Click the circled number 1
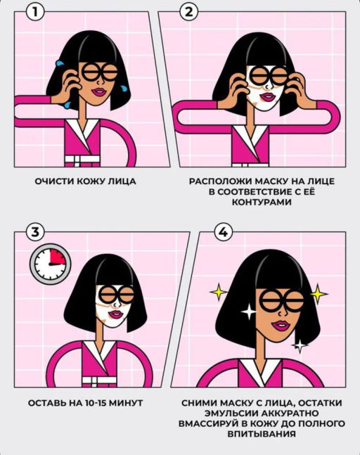(x=35, y=12)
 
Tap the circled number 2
(x=188, y=12)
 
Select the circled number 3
(x=35, y=232)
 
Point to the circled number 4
(x=223, y=232)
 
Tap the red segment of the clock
(x=58, y=257)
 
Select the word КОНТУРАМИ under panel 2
(x=262, y=202)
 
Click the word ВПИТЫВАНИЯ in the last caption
(x=262, y=434)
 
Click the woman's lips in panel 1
(x=99, y=92)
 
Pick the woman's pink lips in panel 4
(x=281, y=326)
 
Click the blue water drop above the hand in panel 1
(x=60, y=63)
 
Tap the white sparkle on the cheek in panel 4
(x=249, y=312)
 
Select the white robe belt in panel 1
(x=82, y=160)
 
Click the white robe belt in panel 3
(x=99, y=380)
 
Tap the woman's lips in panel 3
(x=116, y=314)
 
